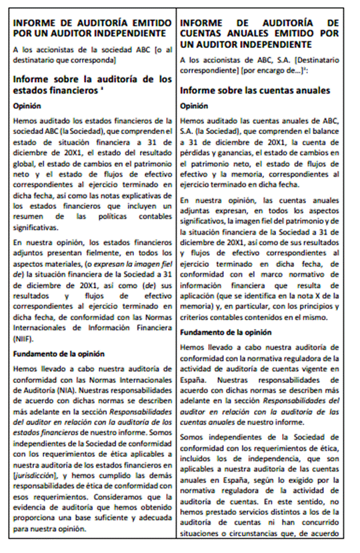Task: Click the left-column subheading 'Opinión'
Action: coord(27,105)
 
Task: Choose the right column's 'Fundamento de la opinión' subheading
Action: coord(226,332)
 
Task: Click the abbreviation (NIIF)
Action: coord(23,339)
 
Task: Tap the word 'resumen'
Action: coord(29,217)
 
